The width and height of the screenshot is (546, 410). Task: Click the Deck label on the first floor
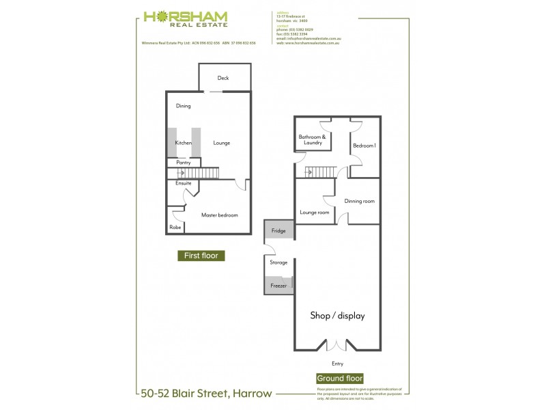click(x=223, y=78)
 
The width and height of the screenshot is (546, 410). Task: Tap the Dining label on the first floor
click(x=183, y=106)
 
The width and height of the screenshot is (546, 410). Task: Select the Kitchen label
click(x=183, y=143)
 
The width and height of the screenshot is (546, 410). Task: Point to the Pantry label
click(x=183, y=163)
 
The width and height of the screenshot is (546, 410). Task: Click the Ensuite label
click(x=183, y=183)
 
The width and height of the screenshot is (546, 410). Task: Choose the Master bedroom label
click(x=219, y=215)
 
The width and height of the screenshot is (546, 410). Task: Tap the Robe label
click(x=175, y=227)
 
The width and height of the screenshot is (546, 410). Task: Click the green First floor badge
click(x=201, y=256)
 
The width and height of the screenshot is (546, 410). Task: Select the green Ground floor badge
click(x=339, y=378)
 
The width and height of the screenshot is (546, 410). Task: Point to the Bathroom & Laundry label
click(x=313, y=139)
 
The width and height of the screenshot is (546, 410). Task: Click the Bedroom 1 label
click(x=364, y=145)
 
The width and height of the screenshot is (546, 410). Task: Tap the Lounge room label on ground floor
click(x=314, y=213)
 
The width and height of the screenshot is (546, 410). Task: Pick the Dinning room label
click(x=360, y=201)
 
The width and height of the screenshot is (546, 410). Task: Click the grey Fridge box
click(x=279, y=230)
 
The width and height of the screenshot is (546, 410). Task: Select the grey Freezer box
click(x=278, y=285)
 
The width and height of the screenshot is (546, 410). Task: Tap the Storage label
click(x=278, y=262)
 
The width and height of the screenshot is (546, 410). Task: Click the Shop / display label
click(x=338, y=316)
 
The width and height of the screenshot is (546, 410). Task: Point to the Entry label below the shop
click(x=338, y=364)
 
